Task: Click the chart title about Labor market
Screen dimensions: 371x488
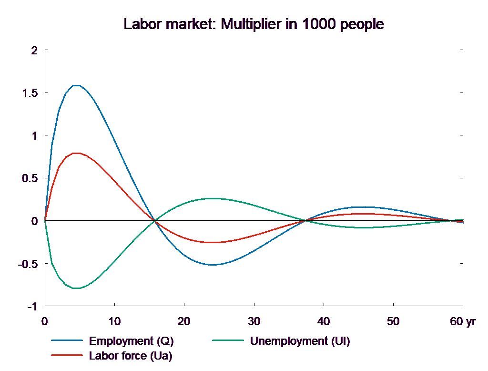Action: [254, 24]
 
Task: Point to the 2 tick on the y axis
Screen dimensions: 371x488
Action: [33, 50]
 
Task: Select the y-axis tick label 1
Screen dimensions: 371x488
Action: [33, 136]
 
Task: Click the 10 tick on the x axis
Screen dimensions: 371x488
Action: [114, 322]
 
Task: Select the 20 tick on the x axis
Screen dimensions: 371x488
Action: [184, 322]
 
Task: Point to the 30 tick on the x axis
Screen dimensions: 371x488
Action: [254, 322]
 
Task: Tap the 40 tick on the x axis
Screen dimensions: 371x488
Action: [324, 322]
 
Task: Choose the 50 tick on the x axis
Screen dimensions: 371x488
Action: [393, 322]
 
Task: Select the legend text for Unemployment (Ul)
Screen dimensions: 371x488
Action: [300, 341]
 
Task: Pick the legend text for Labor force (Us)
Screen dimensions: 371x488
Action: [131, 356]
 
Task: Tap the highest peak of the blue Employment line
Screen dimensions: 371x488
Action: [76, 85]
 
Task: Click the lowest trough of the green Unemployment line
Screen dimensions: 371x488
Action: [76, 289]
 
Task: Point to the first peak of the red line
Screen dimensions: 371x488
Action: [76, 153]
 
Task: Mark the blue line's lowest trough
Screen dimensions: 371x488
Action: [213, 265]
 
